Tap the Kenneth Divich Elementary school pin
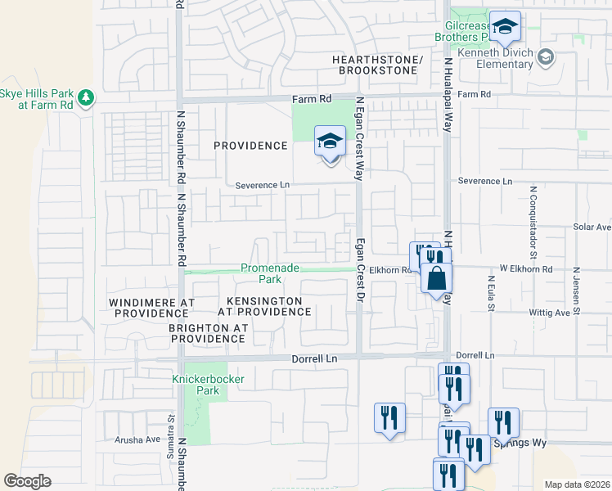point(546,57)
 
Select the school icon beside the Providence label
point(330,142)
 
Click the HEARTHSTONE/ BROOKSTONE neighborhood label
point(377,65)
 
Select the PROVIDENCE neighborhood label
point(250,146)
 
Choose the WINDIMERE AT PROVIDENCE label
point(151,308)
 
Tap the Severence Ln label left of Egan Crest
point(263,186)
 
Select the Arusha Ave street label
point(137,439)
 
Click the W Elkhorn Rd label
point(527,268)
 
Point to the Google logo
point(27,481)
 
